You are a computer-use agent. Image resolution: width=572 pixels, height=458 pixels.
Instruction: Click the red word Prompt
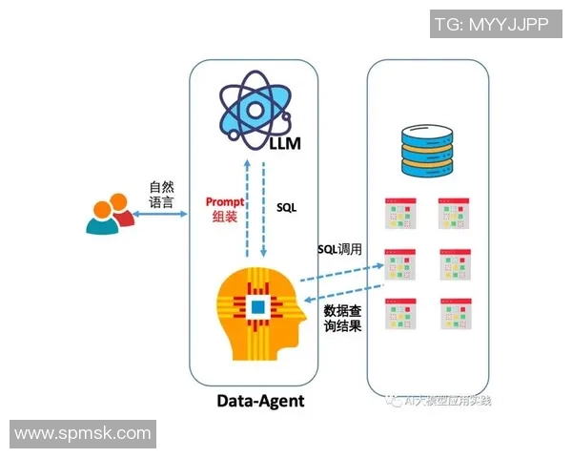click(226, 202)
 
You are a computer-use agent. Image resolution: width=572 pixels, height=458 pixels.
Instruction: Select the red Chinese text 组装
click(226, 218)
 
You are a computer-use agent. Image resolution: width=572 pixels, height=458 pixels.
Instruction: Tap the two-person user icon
click(109, 215)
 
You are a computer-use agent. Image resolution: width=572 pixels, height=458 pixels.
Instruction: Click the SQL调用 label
click(341, 250)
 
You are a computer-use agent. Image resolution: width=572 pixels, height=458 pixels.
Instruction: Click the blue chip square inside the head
click(257, 306)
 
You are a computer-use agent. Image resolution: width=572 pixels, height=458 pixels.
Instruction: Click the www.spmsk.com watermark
click(83, 433)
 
